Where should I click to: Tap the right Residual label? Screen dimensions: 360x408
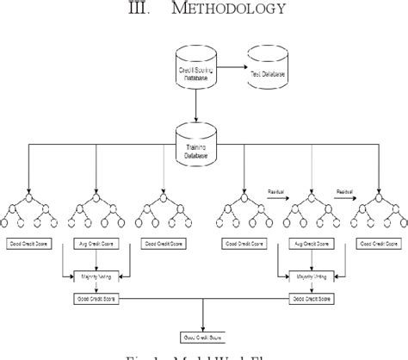(344, 184)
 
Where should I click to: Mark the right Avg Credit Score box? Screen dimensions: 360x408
(306, 244)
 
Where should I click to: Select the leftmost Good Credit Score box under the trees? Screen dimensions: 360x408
(29, 244)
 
